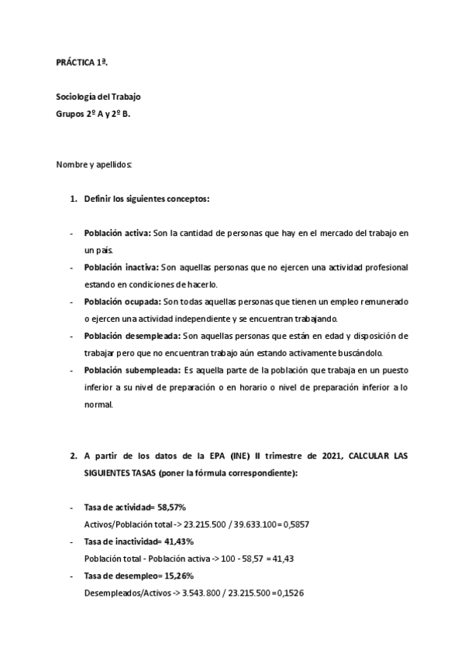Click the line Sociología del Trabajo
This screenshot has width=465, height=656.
[x=98, y=97]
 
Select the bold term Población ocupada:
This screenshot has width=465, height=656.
[x=122, y=301]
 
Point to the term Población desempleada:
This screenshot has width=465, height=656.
[x=131, y=335]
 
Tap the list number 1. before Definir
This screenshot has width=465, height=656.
[x=74, y=199]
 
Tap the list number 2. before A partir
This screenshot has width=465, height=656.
[x=74, y=456]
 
